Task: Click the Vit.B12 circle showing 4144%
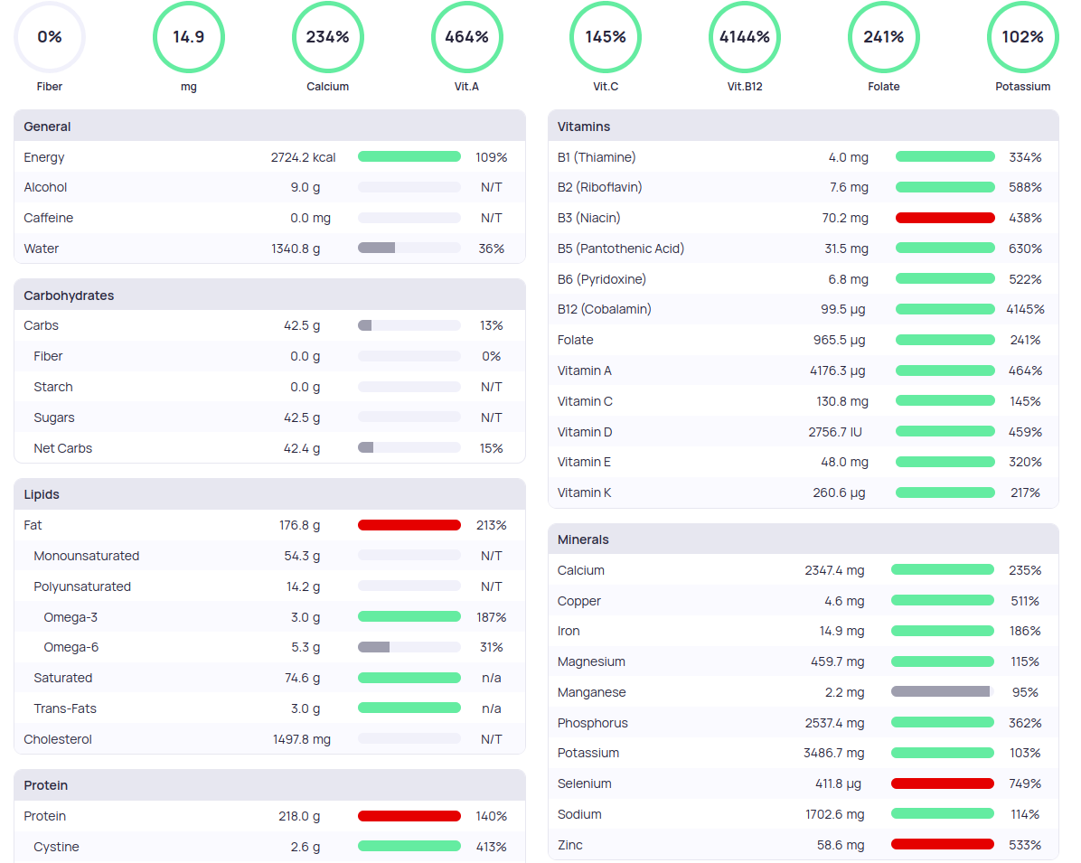744,37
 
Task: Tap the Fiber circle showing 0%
50,37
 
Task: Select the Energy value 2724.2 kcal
303,157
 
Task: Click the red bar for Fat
409,525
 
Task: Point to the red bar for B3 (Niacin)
945,218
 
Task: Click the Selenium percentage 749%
1025,783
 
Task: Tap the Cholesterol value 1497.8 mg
302,739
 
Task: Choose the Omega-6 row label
71,647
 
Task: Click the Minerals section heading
583,539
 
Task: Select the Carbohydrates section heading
69,295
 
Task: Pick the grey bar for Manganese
941,692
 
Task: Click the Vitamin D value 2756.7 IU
835,432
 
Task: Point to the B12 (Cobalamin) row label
605,309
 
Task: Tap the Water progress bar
409,249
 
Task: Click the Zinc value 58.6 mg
841,845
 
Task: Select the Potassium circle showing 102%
1022,37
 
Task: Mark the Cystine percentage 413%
492,847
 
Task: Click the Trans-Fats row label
65,708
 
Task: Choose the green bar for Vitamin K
945,492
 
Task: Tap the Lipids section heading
42,494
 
